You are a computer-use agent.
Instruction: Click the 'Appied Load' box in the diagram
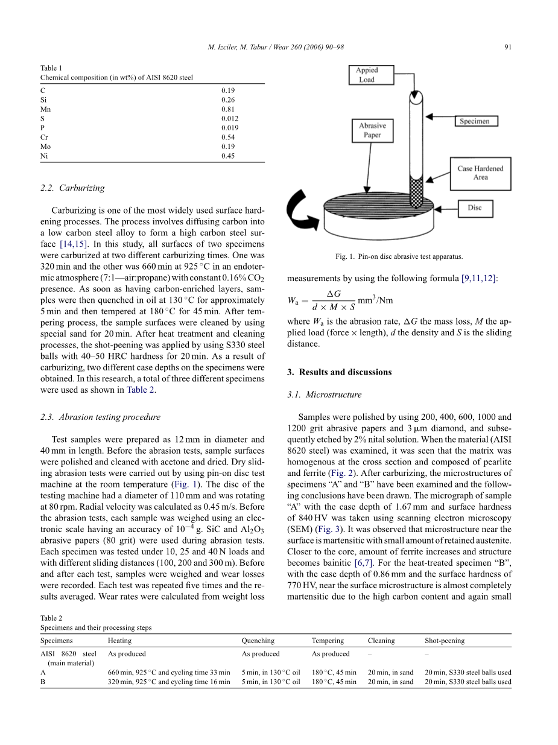[366, 75]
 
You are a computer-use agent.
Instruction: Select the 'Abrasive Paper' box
[372, 130]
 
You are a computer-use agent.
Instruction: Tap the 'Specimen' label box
[475, 121]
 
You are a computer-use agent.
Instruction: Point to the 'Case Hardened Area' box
[480, 173]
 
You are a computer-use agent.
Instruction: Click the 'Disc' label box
[475, 208]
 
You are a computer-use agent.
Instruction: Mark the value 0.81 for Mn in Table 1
[228, 109]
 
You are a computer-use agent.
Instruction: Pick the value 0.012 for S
[230, 119]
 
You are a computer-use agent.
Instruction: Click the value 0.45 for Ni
[228, 156]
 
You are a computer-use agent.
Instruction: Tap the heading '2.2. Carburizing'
[72, 188]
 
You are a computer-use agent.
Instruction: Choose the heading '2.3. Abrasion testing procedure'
[100, 417]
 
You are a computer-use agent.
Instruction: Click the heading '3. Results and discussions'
[339, 372]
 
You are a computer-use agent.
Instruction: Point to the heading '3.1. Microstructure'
[324, 395]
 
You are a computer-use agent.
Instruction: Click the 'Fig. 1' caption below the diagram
[399, 257]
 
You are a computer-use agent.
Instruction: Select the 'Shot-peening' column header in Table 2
[445, 641]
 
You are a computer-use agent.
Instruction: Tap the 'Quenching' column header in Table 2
[258, 641]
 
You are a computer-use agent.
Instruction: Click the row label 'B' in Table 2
[43, 682]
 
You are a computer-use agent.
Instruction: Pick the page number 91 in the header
[507, 48]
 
